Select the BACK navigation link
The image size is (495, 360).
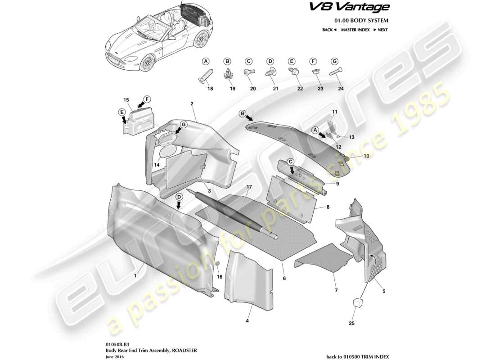click(x=329, y=30)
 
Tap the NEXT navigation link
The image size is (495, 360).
click(x=380, y=30)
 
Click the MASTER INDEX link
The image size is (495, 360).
click(x=355, y=30)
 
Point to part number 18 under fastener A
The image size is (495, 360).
click(x=210, y=89)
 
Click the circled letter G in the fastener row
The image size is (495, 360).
click(x=334, y=61)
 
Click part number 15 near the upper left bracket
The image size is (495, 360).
click(x=126, y=99)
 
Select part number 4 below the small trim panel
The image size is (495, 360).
click(x=247, y=321)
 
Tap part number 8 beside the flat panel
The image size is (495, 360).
click(x=328, y=208)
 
